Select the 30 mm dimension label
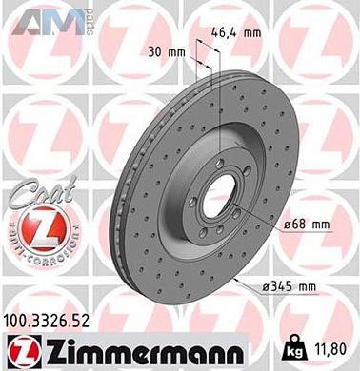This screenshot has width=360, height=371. [168, 50]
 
